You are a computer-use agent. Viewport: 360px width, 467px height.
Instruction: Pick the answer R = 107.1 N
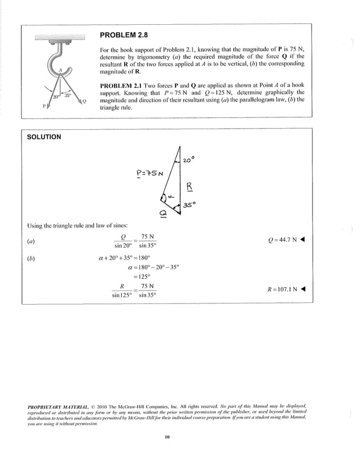[x=286, y=290]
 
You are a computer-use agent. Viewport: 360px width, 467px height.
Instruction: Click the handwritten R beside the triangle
[x=190, y=187]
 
